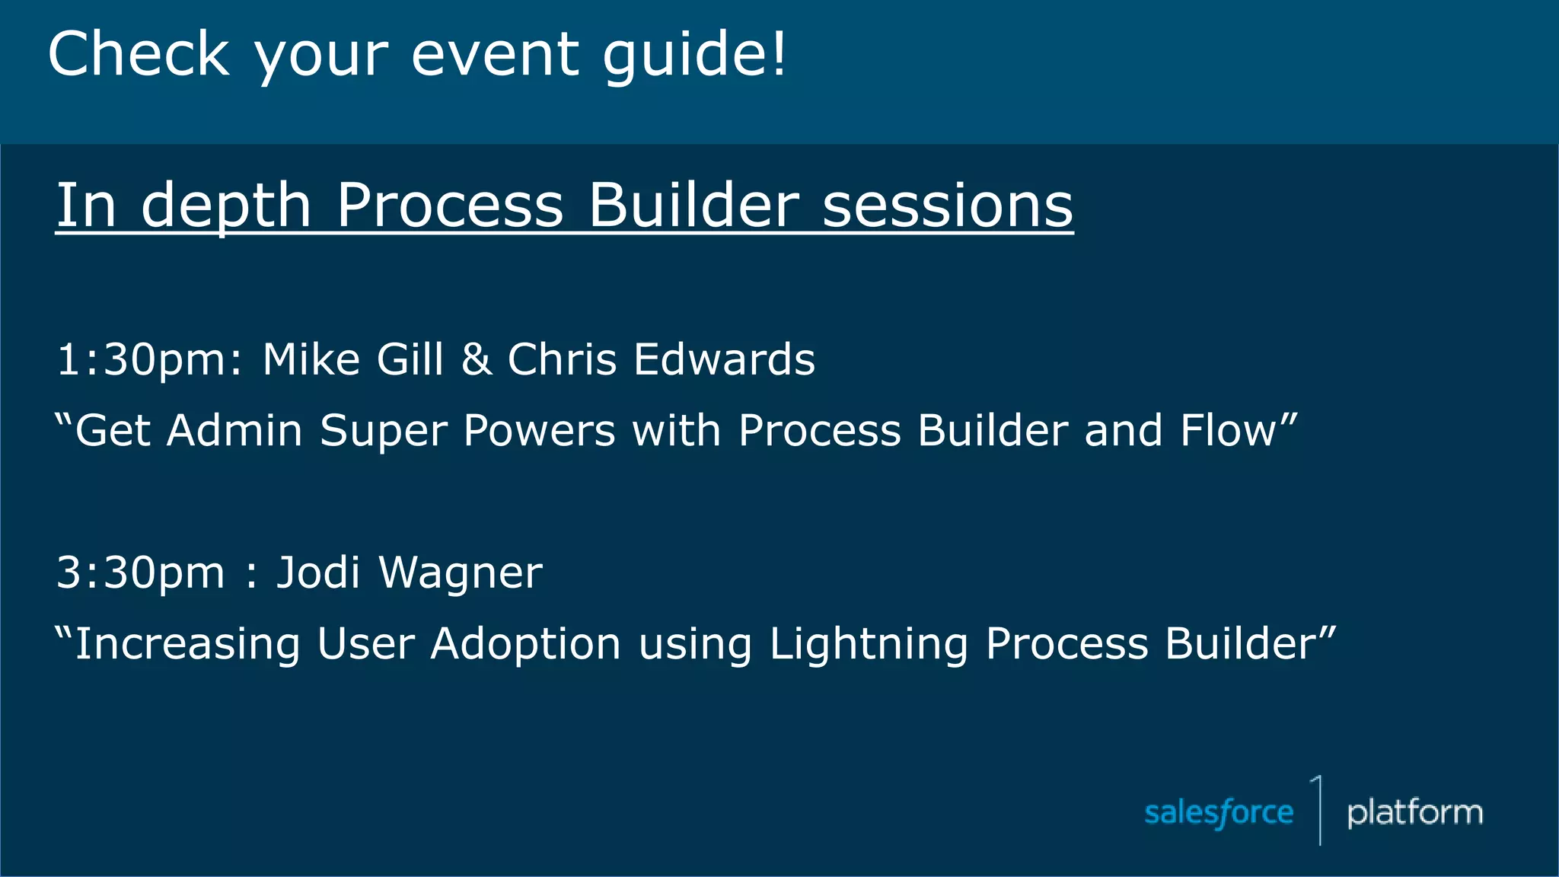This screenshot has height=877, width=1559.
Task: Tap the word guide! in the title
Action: [x=694, y=55]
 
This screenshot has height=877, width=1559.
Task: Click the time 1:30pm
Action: [x=149, y=359]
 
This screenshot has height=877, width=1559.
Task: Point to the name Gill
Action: [x=410, y=359]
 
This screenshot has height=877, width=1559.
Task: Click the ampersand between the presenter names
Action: [x=476, y=359]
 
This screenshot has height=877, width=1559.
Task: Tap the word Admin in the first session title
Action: [x=234, y=431]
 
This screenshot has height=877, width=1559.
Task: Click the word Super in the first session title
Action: [x=383, y=431]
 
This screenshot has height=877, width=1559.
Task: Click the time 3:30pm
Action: [x=141, y=572]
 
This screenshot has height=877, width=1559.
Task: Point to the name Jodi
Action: [x=317, y=572]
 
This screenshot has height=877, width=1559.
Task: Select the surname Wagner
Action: [x=461, y=572]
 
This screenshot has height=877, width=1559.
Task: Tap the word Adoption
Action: [x=525, y=644]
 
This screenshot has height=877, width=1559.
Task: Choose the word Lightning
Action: [x=868, y=644]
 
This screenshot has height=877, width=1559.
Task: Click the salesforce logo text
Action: [x=1219, y=813]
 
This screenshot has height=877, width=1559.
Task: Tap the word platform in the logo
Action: [x=1414, y=813]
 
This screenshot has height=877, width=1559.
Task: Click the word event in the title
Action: [x=495, y=55]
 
